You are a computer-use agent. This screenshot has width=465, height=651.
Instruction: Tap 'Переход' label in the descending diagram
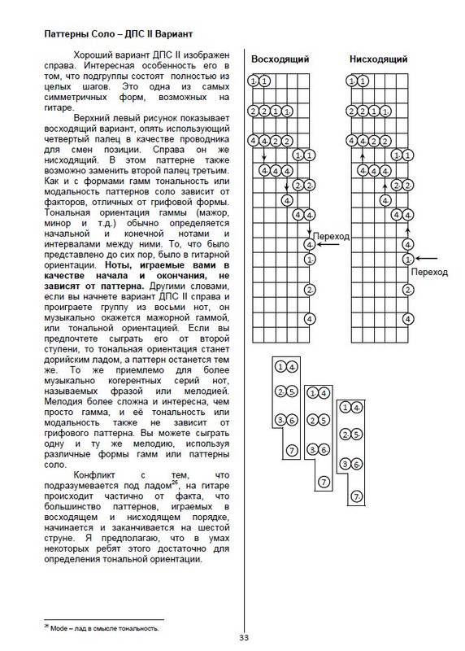point(428,273)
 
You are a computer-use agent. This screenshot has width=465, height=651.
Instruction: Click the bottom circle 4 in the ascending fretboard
point(309,244)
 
